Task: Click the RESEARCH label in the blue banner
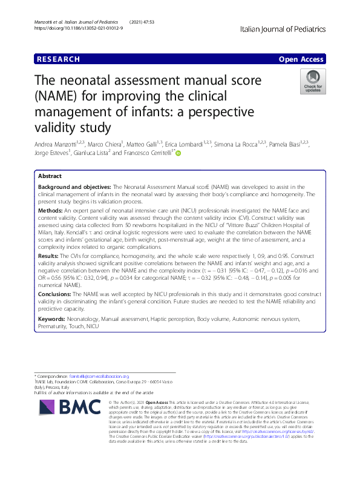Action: [58, 59]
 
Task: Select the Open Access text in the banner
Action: [302, 59]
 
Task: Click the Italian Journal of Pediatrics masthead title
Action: [283, 28]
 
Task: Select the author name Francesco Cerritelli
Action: [149, 154]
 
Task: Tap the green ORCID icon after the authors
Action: [178, 154]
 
